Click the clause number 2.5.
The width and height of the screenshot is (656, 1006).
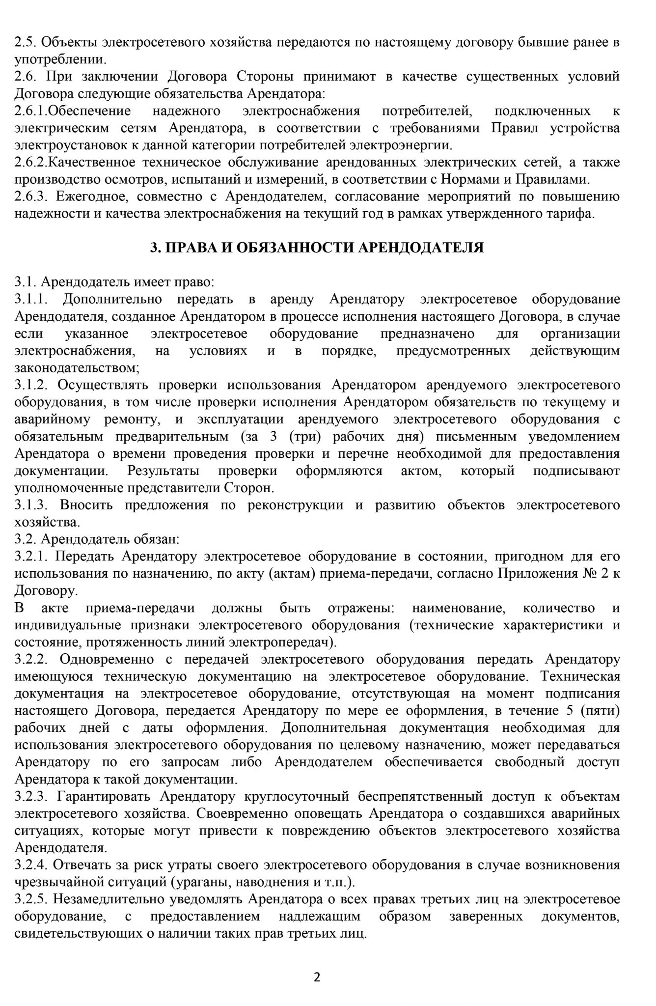[25, 42]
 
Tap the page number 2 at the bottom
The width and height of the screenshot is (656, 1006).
[317, 977]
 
